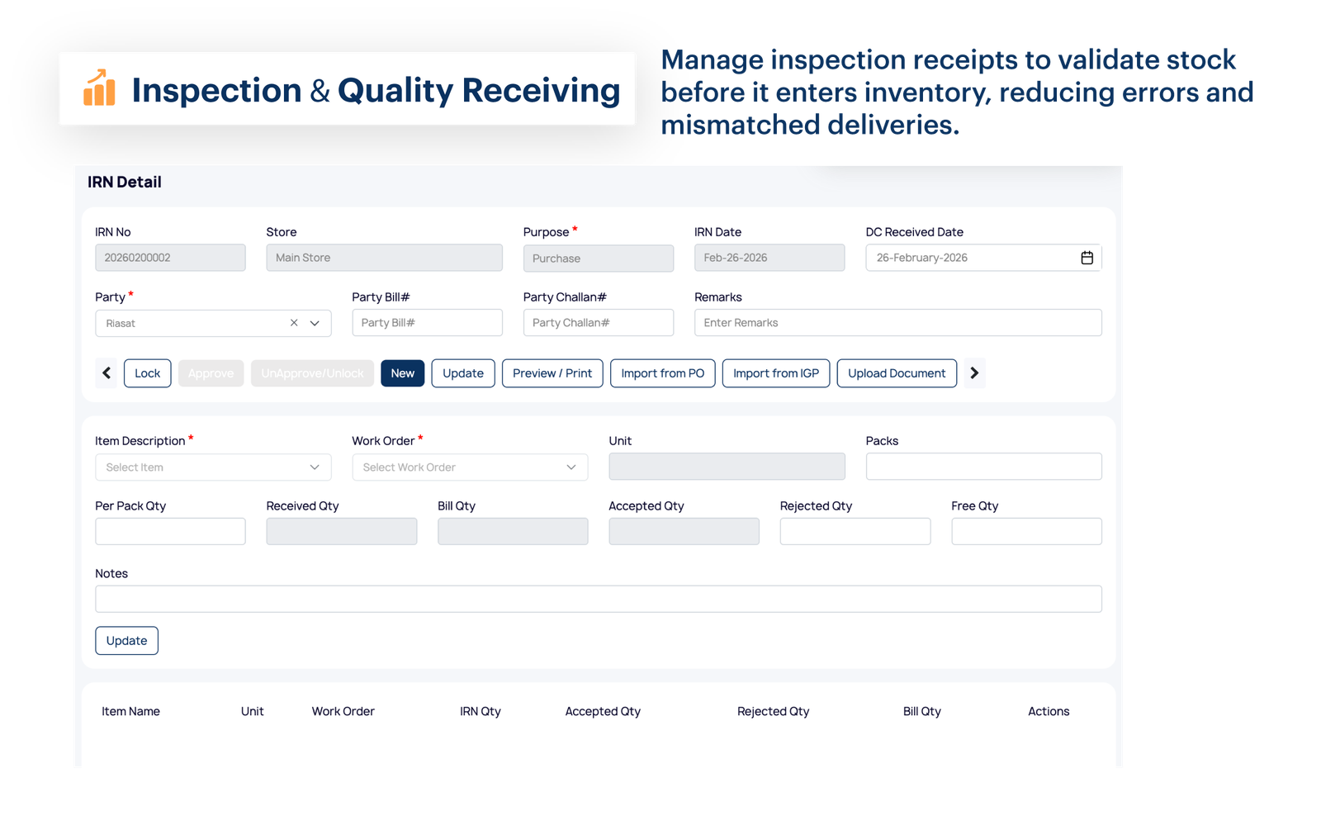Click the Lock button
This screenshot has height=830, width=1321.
[147, 373]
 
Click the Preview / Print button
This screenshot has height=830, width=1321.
[552, 373]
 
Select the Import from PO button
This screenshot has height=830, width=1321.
[662, 373]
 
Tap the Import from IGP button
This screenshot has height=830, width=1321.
[775, 373]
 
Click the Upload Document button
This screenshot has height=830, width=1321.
[897, 373]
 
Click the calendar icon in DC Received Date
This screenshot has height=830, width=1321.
[1087, 258]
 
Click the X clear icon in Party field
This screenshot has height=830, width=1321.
[294, 323]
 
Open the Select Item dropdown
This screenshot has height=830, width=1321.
[213, 467]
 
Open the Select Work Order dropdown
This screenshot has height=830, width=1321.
[469, 467]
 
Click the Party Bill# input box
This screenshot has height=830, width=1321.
[427, 323]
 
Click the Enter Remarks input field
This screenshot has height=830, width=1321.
[897, 323]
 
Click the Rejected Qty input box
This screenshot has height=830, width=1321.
[855, 531]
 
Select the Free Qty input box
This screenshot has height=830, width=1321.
[1026, 531]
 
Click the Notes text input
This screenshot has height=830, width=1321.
[598, 599]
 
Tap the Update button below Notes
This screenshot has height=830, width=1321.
[126, 641]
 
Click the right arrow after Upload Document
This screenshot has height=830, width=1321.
[974, 373]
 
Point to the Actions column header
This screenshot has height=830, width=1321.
[1048, 711]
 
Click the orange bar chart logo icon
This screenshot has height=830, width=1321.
[99, 88]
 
